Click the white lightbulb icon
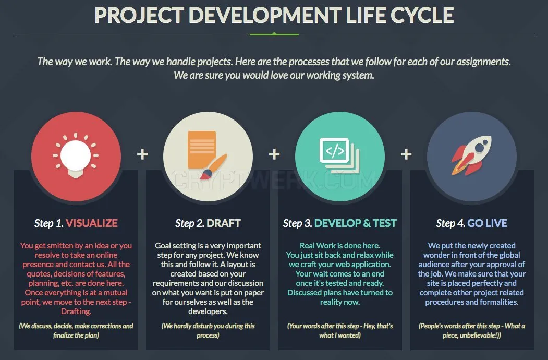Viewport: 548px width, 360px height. pyautogui.click(x=76, y=155)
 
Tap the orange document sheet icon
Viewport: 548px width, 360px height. pyautogui.click(x=202, y=150)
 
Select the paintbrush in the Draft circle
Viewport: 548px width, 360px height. pyautogui.click(x=214, y=166)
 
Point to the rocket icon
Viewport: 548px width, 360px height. pyautogui.click(x=471, y=155)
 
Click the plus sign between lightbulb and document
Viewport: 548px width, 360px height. pyautogui.click(x=142, y=154)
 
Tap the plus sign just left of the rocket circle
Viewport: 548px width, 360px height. pyautogui.click(x=406, y=154)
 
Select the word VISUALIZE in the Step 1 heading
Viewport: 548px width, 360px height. pyautogui.click(x=92, y=223)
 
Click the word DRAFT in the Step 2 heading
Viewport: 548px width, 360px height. pyautogui.click(x=224, y=223)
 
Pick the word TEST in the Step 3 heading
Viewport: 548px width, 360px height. pyautogui.click(x=385, y=223)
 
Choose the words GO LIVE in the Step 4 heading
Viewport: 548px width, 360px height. pyautogui.click(x=487, y=223)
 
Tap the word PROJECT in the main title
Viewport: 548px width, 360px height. pyautogui.click(x=139, y=15)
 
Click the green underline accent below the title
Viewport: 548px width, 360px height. pyautogui.click(x=274, y=34)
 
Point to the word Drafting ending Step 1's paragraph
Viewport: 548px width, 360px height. pyautogui.click(x=76, y=311)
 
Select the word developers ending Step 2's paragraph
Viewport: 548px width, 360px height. pyautogui.click(x=208, y=311)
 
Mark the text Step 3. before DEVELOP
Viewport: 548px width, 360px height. pyautogui.click(x=297, y=223)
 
